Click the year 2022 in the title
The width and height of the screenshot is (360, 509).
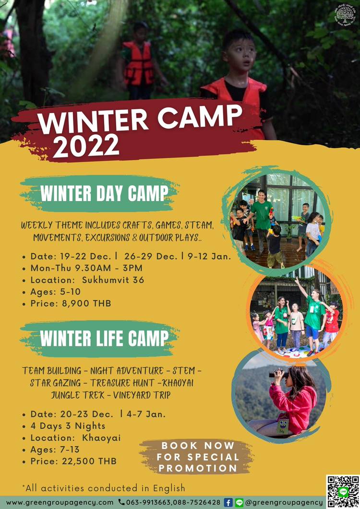pos(86,145)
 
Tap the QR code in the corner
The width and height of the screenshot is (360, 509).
pos(342,491)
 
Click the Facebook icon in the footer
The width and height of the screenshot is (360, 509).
pos(228,502)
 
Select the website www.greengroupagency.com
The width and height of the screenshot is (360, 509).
pos(60,502)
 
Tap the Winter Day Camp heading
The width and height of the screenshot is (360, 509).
pos(104,194)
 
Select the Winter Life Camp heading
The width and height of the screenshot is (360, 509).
pos(104,339)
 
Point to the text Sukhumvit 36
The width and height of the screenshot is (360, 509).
pos(113,280)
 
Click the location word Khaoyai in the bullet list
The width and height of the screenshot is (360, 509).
pos(101,438)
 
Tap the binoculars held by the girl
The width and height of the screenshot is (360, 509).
pos(278,374)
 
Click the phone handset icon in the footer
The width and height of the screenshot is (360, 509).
pos(121,502)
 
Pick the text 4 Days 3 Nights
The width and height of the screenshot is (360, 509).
pos(68,426)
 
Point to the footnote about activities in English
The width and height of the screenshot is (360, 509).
pos(104,488)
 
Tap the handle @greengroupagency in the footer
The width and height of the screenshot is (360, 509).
pos(283,502)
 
